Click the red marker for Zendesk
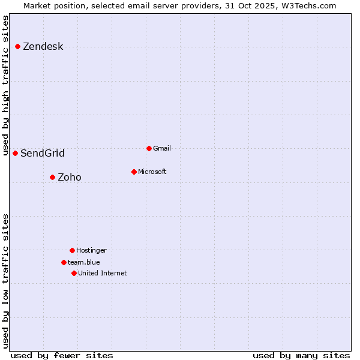pos(18,46)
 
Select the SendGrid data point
pos(16,153)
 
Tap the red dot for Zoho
pos(53,177)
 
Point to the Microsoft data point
pos(134,172)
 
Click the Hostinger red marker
pos(73,250)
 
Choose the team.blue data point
pos(64,262)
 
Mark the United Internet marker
pos(74,273)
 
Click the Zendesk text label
pos(43,47)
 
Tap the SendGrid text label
pos(43,154)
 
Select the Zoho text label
pos(70,178)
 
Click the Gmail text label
pos(162,148)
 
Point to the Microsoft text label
pos(152,172)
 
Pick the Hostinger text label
pos(91,250)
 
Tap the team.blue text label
pos(84,262)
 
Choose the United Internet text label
pos(103,273)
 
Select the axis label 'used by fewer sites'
pos(62,355)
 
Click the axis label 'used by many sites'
pos(301,355)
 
